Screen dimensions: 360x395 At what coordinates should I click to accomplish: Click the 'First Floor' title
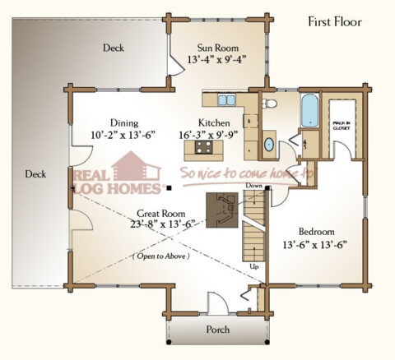[x=335, y=21]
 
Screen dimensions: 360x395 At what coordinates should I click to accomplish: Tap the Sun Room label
[x=217, y=47]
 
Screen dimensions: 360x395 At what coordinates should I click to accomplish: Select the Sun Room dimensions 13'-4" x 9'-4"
[x=217, y=60]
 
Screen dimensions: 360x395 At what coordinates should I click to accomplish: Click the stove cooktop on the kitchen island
[x=203, y=148]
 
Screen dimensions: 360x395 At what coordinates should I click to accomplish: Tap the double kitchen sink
[x=226, y=100]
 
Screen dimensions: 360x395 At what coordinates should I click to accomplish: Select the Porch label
[x=217, y=330]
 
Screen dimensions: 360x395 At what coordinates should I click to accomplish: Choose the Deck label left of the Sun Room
[x=114, y=48]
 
